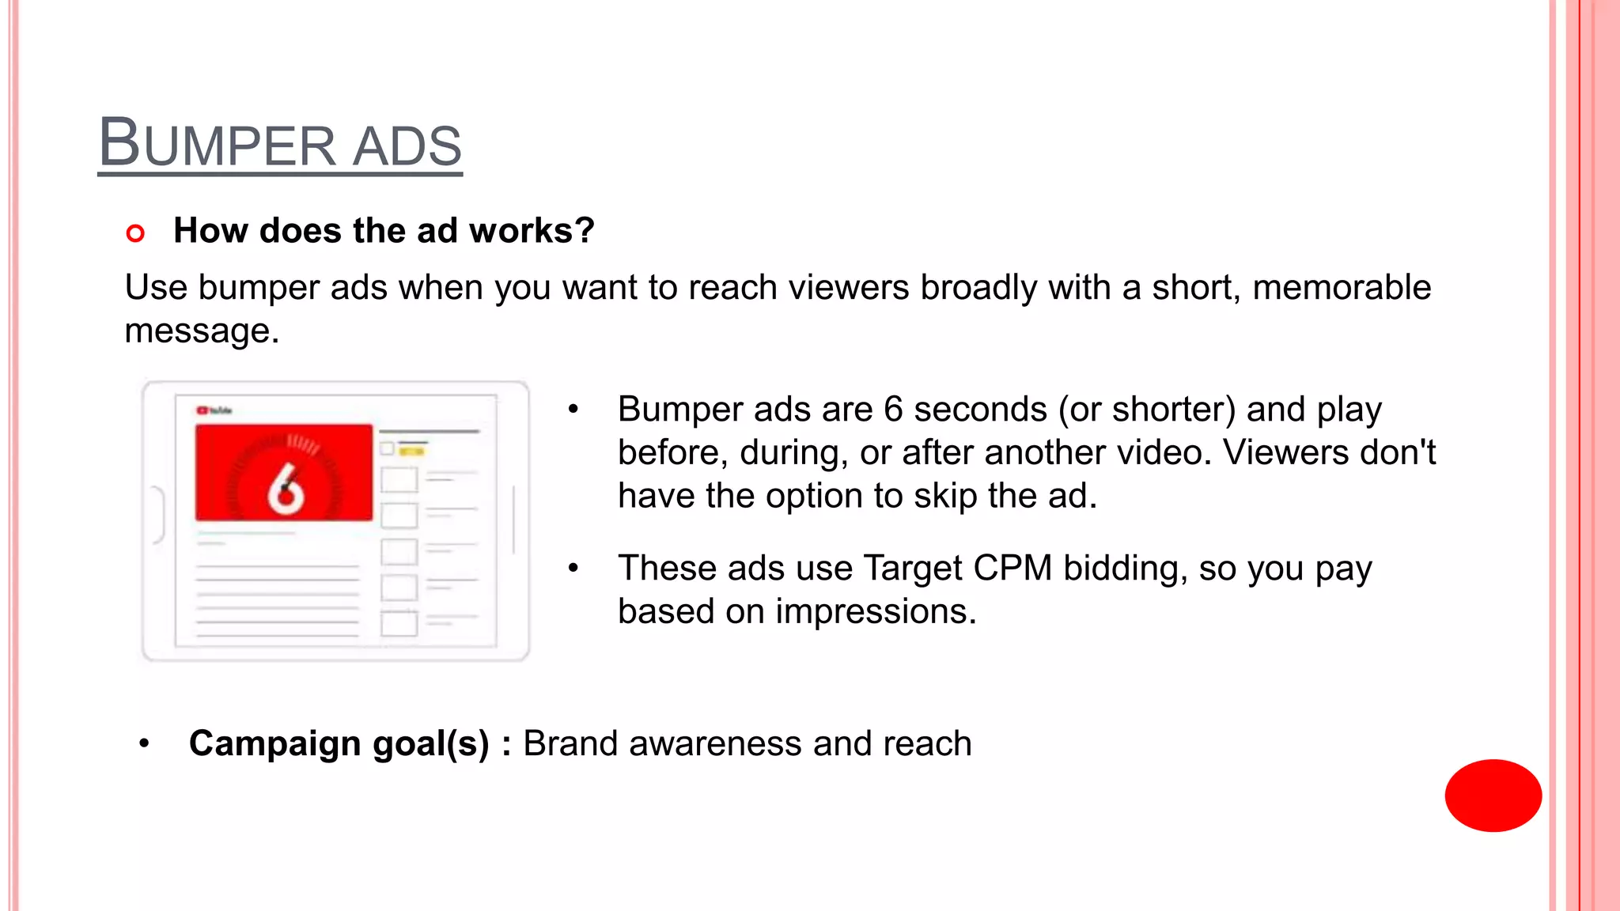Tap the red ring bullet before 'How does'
point(135,233)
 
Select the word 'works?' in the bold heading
point(531,231)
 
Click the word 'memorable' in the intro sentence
point(1342,287)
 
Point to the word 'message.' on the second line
point(202,331)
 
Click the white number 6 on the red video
point(286,488)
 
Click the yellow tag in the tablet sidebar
point(411,452)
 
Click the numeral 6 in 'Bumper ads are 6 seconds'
point(893,410)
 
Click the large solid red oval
point(1493,795)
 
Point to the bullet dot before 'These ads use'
point(573,568)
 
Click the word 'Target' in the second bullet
point(912,569)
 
